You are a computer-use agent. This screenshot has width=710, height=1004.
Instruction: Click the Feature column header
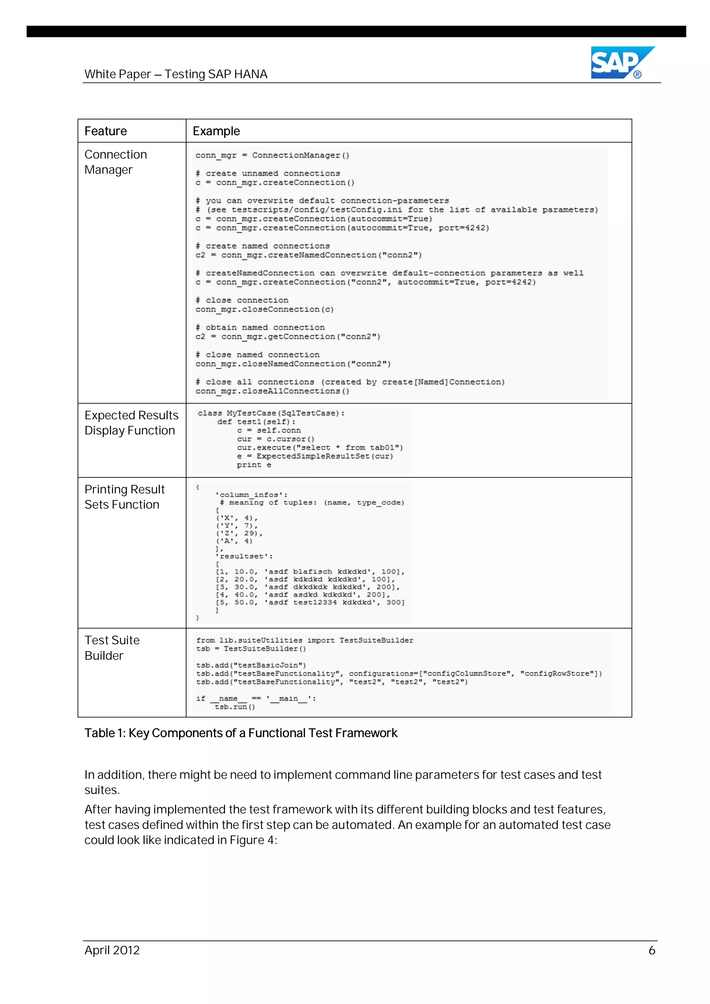coord(105,131)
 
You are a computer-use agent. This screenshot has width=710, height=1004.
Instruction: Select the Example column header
coord(216,131)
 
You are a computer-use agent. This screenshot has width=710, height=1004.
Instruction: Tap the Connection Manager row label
coord(115,162)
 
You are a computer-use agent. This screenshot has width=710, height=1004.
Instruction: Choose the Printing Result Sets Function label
coord(124,497)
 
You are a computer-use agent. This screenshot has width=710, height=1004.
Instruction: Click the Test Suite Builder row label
coord(112,648)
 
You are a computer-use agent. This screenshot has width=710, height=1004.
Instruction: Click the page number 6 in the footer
coord(651,950)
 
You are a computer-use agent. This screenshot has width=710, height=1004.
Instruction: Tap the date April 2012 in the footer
coord(112,950)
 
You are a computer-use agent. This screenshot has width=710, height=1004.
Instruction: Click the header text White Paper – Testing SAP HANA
coord(176,74)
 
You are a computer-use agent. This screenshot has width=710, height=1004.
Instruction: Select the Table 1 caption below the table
coord(241,733)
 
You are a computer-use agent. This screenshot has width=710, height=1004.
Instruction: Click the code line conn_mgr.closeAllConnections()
coord(272,391)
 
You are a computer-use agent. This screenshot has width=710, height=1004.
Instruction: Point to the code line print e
coord(254,465)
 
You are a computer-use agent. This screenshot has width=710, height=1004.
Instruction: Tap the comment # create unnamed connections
coord(268,174)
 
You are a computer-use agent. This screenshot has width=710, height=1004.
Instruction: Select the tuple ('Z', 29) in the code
coord(239,533)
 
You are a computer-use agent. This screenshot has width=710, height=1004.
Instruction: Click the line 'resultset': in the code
coord(244,556)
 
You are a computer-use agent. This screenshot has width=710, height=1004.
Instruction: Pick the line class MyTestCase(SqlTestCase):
coord(271,413)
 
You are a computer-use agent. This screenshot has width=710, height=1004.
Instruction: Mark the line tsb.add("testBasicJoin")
coord(251,665)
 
